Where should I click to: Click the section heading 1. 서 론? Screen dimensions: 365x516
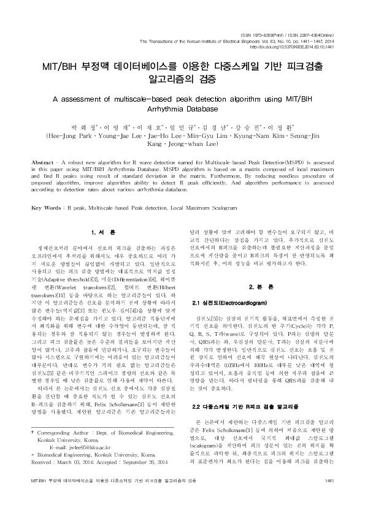click(100, 232)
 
